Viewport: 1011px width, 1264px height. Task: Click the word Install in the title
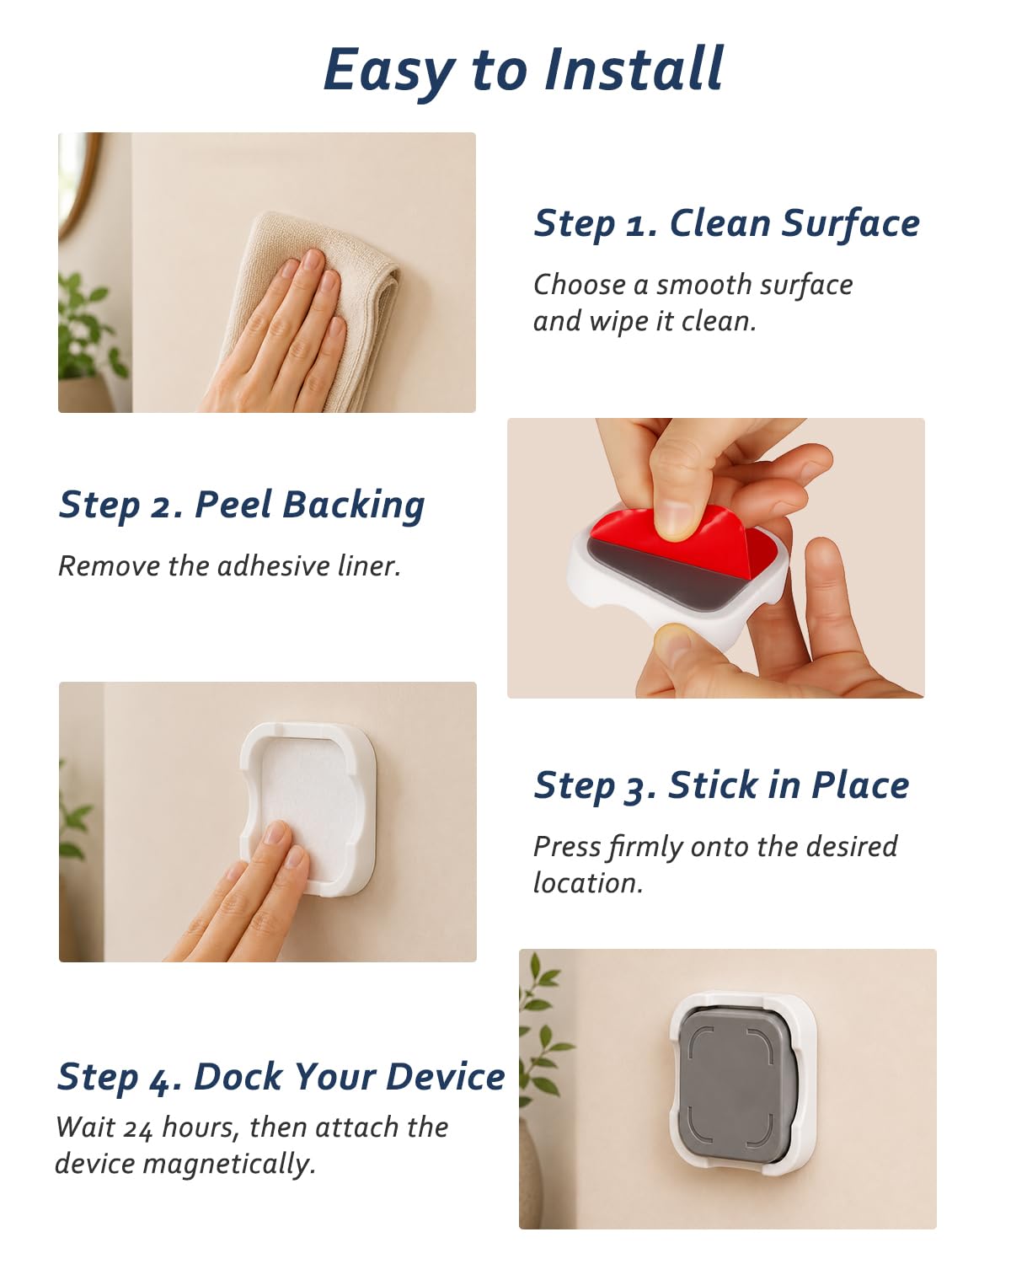634,69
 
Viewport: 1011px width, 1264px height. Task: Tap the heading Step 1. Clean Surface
727,224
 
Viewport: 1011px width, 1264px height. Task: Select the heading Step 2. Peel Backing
242,505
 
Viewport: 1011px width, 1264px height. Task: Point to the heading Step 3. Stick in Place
721,786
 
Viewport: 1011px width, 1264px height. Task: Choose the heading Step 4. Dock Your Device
281,1077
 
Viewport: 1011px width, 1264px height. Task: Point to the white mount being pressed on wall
308,810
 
